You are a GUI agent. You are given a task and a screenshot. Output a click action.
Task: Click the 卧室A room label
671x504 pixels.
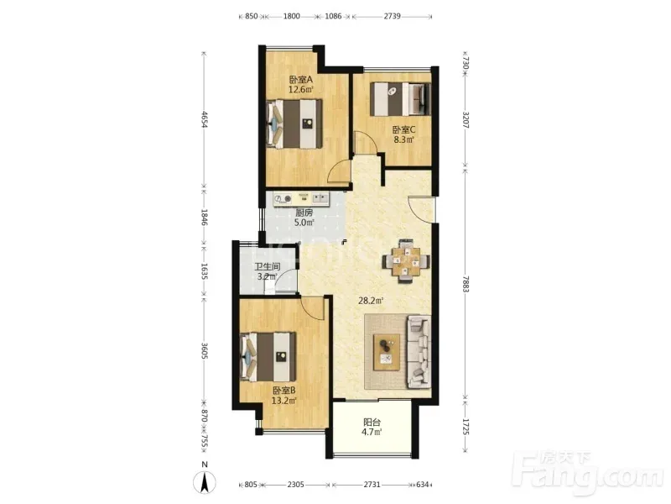click(x=301, y=80)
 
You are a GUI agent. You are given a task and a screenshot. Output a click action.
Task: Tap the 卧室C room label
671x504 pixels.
click(x=404, y=129)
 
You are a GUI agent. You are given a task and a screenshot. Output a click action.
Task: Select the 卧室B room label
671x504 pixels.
click(x=284, y=391)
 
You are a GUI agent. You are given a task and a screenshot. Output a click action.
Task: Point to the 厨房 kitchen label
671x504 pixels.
click(x=304, y=213)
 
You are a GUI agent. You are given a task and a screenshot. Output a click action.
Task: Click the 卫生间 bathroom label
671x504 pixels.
click(x=268, y=267)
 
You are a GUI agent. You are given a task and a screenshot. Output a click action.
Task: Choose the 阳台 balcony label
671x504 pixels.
click(x=372, y=423)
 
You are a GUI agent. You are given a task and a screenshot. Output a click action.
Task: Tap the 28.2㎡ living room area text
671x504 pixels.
click(x=371, y=301)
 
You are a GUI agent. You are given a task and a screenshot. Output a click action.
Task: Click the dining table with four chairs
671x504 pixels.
click(x=406, y=261)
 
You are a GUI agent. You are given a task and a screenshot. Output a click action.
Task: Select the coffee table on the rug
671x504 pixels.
click(x=387, y=352)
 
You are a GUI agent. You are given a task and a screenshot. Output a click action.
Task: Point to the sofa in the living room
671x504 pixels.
click(x=419, y=352)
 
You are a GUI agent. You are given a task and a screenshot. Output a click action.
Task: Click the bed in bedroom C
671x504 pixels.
click(x=400, y=99)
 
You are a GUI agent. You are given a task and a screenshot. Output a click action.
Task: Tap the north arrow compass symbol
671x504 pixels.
click(x=205, y=482)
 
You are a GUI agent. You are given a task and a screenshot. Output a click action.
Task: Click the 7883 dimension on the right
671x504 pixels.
click(x=466, y=283)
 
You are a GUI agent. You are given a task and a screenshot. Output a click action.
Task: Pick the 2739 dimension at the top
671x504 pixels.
click(x=392, y=16)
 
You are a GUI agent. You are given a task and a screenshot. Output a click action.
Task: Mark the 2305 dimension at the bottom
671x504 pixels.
click(x=296, y=485)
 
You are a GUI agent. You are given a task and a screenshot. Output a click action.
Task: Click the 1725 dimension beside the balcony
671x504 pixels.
click(x=466, y=428)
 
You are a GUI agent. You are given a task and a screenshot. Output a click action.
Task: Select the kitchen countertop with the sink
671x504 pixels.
click(x=302, y=199)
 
